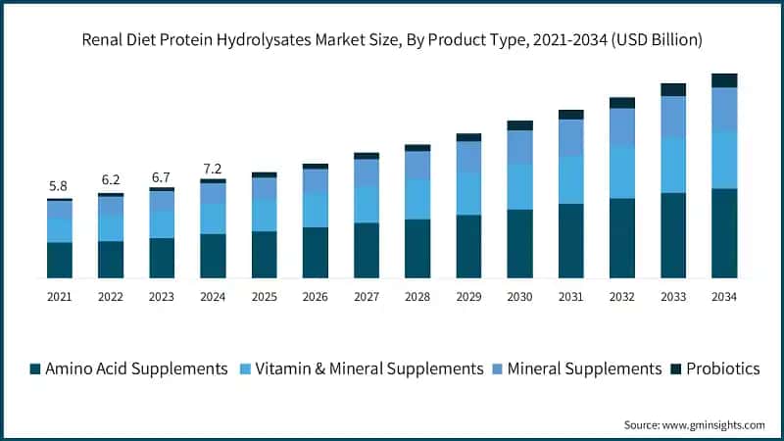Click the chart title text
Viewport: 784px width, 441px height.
[392, 39]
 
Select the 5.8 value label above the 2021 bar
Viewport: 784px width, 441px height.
[59, 186]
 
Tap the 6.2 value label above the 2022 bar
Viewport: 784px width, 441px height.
[111, 180]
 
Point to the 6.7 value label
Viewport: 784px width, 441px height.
[162, 176]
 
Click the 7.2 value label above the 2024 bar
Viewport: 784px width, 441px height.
[213, 169]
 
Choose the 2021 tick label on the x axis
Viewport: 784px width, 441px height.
[59, 295]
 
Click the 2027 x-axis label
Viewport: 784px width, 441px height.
[367, 295]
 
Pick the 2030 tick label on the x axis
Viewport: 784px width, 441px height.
[519, 295]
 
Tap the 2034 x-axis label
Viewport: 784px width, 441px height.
[724, 295]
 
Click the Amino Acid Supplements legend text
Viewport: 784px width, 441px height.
[136, 368]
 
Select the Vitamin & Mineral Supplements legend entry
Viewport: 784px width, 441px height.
[368, 368]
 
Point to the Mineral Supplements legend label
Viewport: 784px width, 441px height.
[586, 368]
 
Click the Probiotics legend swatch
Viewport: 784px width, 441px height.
[676, 369]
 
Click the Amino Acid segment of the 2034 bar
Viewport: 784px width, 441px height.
[724, 233]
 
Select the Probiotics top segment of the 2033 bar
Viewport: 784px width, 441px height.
[673, 89]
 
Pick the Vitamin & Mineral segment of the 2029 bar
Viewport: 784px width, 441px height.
[468, 193]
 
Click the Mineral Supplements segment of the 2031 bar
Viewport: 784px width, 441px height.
[571, 137]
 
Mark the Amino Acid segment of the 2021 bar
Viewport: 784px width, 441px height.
[59, 260]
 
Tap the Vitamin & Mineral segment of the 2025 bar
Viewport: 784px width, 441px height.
[264, 216]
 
